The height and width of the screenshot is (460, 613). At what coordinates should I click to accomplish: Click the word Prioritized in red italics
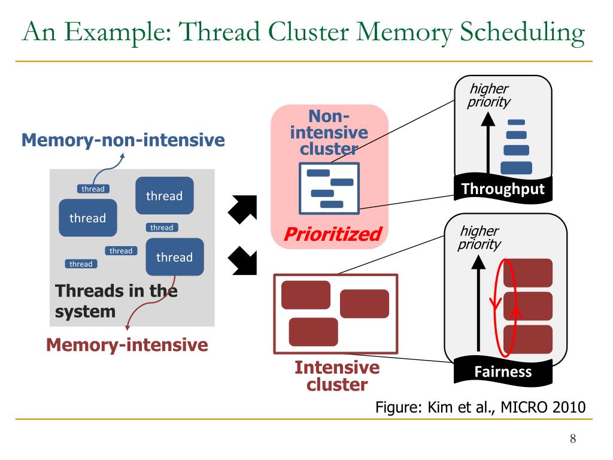point(333,234)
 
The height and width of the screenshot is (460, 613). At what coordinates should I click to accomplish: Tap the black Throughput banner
point(503,189)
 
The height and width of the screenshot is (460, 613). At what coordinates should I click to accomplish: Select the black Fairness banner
point(503,371)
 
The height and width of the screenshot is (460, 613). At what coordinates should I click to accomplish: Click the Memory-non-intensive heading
point(123,140)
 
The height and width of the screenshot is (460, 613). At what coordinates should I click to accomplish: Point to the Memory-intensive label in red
point(127,345)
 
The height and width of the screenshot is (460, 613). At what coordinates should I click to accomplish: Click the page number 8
point(573,438)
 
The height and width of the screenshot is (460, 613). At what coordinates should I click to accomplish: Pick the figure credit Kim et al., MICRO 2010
point(481,407)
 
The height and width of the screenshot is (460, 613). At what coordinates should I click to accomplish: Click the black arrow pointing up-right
point(243,209)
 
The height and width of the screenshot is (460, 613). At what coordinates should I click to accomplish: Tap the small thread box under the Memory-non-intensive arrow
point(93,189)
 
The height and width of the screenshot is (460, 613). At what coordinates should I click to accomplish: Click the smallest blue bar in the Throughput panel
point(516,122)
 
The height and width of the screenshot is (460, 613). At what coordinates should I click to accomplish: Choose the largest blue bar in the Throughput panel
point(516,168)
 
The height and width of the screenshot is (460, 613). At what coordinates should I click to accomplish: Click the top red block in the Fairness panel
point(528,273)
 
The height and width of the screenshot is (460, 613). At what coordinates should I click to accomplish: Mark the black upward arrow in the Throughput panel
point(488,143)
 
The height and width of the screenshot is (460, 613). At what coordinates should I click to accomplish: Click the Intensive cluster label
point(337,376)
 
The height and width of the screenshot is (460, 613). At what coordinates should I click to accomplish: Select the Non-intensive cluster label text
point(329,132)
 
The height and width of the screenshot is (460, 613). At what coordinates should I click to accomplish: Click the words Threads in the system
point(116,301)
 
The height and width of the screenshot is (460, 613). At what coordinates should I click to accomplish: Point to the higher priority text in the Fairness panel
point(480,237)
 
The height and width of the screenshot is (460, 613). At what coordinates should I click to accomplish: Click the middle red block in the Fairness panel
point(528,306)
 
